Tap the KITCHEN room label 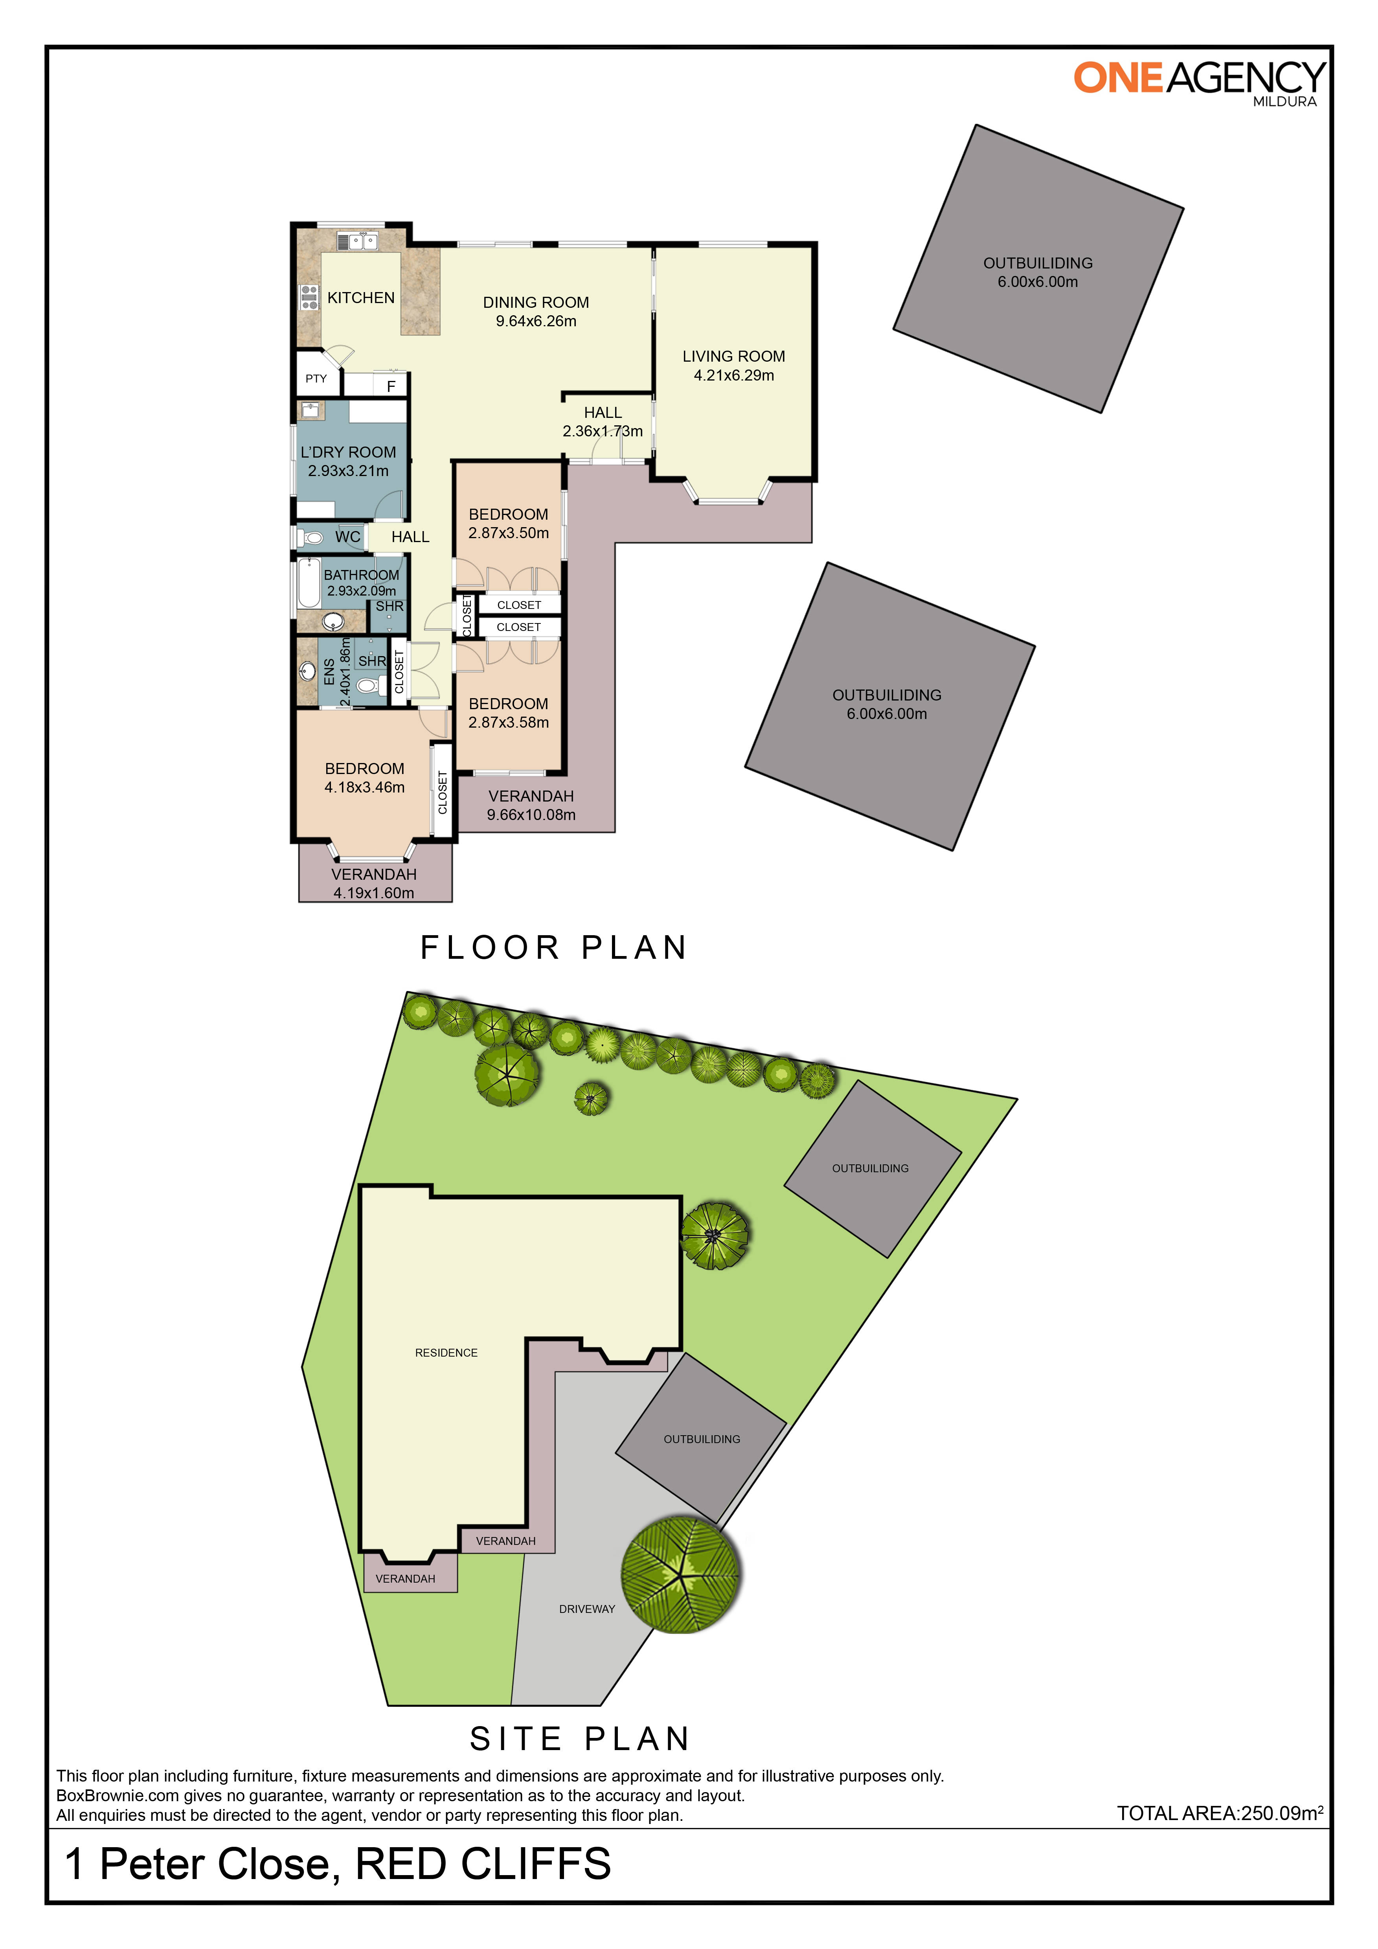(x=361, y=298)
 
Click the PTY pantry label (x=316, y=379)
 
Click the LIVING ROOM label (x=733, y=357)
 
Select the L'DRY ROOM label (x=348, y=452)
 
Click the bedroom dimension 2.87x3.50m (x=508, y=533)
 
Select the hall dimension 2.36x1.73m (x=603, y=431)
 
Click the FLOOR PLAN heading (x=553, y=947)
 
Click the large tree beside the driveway (x=680, y=1576)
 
